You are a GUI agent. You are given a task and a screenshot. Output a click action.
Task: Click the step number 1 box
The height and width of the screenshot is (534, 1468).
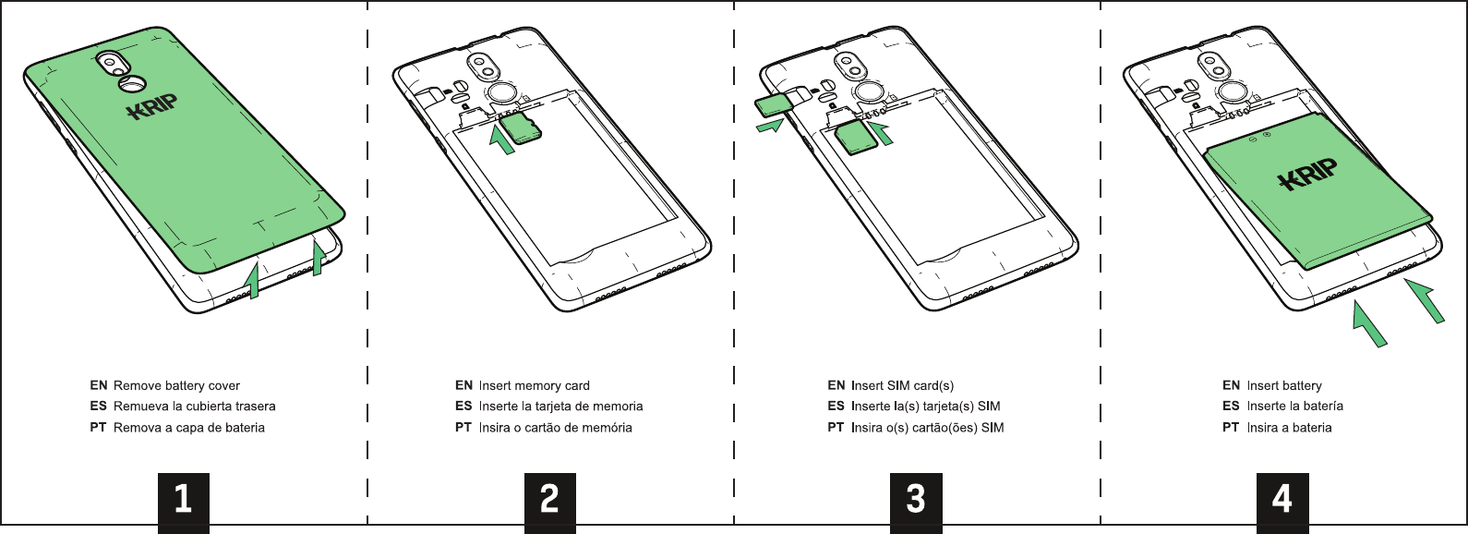click(184, 501)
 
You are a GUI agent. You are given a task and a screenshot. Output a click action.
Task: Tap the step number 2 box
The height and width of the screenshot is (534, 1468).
click(549, 501)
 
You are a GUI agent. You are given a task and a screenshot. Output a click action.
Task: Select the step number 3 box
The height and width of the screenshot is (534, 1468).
click(916, 501)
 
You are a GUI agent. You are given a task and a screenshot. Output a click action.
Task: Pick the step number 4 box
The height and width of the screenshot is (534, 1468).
click(1281, 501)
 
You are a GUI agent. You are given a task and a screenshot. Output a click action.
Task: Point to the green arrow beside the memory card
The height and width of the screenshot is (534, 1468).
click(501, 139)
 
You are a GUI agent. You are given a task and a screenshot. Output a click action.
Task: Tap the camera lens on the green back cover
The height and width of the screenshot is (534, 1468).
click(114, 63)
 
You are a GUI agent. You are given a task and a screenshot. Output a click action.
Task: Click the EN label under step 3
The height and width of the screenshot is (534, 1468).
click(836, 386)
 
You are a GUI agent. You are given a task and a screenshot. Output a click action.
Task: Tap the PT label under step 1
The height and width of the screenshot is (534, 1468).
click(98, 428)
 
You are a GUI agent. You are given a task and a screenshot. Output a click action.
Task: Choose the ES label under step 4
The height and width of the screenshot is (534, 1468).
click(1231, 407)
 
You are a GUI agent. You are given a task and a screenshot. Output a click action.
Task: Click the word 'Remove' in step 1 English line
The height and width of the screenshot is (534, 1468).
click(137, 386)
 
